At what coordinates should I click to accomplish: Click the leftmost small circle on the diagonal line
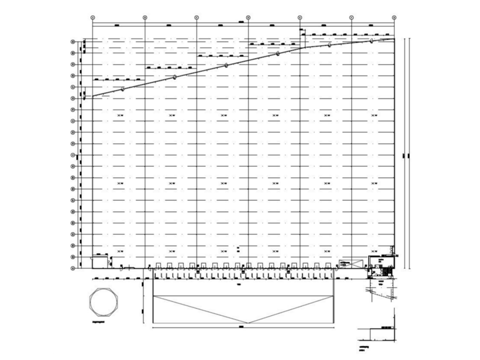tap(123, 89)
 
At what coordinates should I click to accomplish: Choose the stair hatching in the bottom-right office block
tap(383, 270)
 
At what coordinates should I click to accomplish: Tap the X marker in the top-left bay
tap(121, 116)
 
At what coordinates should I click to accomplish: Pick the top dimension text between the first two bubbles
tap(118, 25)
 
